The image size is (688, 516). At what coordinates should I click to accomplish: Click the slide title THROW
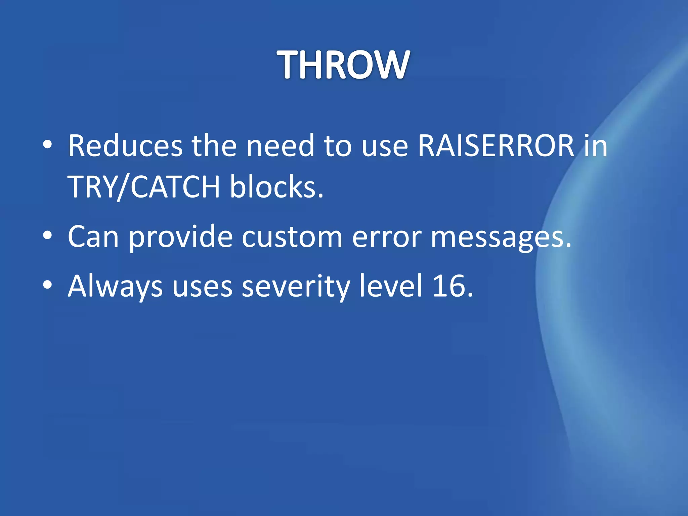click(x=343, y=64)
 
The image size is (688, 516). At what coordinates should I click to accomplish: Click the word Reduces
click(x=125, y=146)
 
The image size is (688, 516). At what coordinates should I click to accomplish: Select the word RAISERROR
click(x=496, y=146)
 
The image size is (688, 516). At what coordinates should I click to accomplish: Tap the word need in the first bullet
click(x=281, y=146)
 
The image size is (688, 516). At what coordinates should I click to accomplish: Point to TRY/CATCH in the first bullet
click(x=144, y=187)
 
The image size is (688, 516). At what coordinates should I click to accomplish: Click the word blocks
click(x=276, y=187)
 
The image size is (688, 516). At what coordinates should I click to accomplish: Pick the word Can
click(x=93, y=236)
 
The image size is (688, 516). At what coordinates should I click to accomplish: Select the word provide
click(x=181, y=237)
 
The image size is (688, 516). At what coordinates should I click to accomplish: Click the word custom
click(x=292, y=236)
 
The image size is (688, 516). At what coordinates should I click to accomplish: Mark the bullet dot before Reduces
click(x=47, y=145)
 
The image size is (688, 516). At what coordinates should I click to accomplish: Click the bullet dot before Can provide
click(x=47, y=236)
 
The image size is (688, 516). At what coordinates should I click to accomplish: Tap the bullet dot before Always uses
click(x=47, y=286)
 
